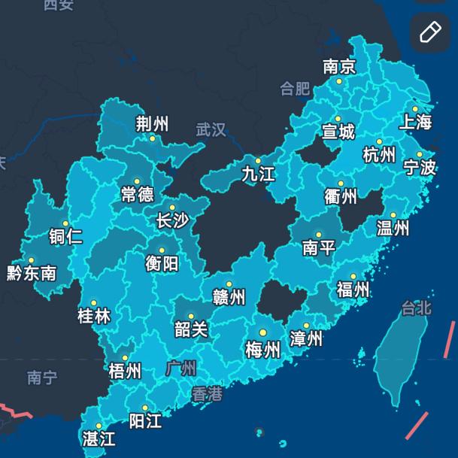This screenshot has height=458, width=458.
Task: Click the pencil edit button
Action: tap(429, 32)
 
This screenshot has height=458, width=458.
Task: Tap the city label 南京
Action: tap(339, 67)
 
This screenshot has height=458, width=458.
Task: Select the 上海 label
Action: tap(416, 122)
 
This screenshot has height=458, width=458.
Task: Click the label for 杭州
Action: tap(379, 156)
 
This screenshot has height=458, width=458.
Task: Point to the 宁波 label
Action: tap(420, 167)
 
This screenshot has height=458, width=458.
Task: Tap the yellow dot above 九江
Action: tap(258, 160)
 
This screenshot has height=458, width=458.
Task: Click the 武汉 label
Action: tap(211, 130)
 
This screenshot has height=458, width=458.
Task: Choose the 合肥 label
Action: tap(295, 89)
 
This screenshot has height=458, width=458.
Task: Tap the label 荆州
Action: tap(152, 125)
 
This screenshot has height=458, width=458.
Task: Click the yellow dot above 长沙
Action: tap(172, 208)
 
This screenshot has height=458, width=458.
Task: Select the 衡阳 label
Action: tap(162, 263)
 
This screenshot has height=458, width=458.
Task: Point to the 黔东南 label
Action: tap(32, 273)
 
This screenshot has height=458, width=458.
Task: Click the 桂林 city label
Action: tap(94, 316)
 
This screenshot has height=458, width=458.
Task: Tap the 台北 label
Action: tap(416, 308)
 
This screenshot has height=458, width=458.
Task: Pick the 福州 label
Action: tap(353, 290)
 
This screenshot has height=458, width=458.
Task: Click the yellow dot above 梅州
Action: tap(263, 332)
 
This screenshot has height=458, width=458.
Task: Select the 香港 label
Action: tap(207, 393)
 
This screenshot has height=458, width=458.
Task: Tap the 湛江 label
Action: tap(99, 438)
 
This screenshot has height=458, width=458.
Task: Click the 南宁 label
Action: tap(41, 378)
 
